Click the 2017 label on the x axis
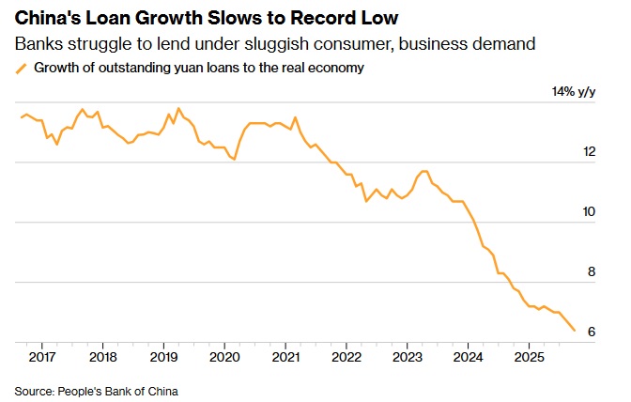coord(41,357)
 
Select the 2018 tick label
coord(102,357)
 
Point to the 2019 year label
coord(163,357)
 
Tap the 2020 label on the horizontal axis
coord(224,357)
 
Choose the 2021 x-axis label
coord(285,357)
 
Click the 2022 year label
coord(346,357)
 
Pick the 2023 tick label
coord(408,357)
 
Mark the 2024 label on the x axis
coord(469,357)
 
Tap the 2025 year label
coord(530,357)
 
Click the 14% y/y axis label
coord(575,91)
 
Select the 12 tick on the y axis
coord(589,151)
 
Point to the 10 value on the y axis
coord(589,211)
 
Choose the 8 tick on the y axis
coord(592,271)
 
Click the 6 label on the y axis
coord(592,332)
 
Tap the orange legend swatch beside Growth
coord(21,68)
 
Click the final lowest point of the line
coord(574,331)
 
